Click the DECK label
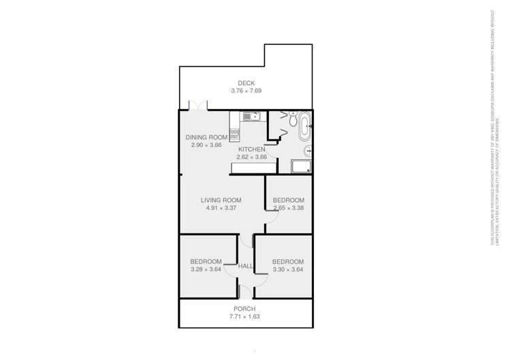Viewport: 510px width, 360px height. point(246,83)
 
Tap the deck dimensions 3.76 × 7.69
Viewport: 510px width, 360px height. point(246,91)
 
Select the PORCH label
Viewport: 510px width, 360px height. point(246,309)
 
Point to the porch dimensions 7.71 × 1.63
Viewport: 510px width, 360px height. point(246,316)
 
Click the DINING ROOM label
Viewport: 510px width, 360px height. point(206,137)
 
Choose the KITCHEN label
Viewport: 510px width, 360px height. point(251,149)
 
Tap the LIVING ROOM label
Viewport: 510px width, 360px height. point(221,200)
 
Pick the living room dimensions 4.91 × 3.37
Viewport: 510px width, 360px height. point(221,208)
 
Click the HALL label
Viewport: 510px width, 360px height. point(246,266)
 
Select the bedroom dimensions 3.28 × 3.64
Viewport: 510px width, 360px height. point(206,269)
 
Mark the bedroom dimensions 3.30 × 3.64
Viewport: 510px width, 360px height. point(288,269)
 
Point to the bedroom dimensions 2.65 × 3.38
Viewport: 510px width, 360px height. point(289,208)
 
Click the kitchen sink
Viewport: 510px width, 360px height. point(249,117)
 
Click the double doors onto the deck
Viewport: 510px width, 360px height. point(198,106)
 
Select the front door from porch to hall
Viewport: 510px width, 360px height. point(246,293)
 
